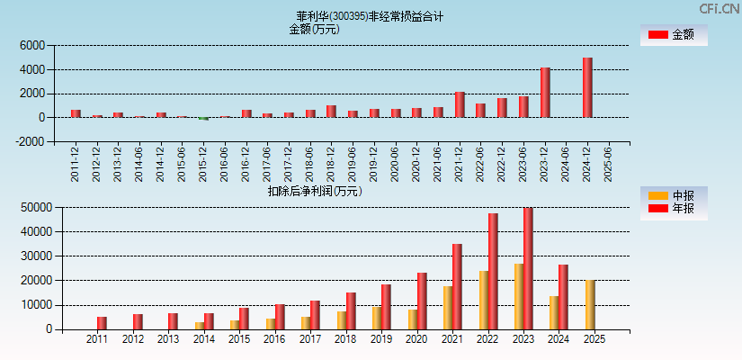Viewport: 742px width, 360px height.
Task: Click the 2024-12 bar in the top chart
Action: point(587,87)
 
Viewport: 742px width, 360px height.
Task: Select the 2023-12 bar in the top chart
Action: point(545,93)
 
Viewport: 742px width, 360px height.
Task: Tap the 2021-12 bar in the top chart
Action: point(460,104)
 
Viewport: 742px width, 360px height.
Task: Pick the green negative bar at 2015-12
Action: point(204,119)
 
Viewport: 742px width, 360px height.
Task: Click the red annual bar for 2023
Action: point(528,268)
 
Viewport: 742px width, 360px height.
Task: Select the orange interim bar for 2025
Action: point(589,305)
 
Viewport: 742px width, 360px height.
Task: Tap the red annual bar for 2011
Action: point(102,323)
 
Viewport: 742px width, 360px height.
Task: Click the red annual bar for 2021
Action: point(457,286)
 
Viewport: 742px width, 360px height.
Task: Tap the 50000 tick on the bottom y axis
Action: point(33,207)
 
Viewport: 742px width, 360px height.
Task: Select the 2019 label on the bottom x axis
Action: point(380,340)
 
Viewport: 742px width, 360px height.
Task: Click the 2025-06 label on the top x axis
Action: point(609,163)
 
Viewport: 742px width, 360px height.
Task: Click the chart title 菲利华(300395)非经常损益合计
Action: point(370,16)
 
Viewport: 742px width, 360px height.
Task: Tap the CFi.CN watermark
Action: point(720,8)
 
